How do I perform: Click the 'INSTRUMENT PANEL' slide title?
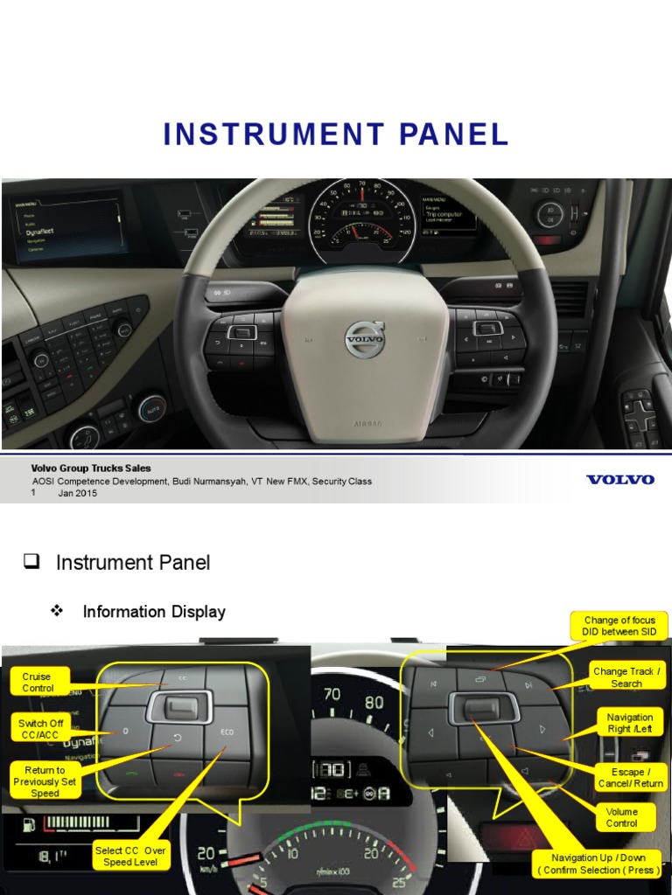click(x=336, y=135)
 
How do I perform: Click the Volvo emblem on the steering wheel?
click(x=364, y=338)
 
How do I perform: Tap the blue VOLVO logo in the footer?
click(x=619, y=480)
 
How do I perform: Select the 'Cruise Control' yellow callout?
click(x=38, y=683)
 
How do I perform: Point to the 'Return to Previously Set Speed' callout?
click(x=45, y=781)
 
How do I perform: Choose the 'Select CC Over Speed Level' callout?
click(x=130, y=856)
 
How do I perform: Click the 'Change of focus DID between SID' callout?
click(x=619, y=626)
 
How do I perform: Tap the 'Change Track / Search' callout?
click(x=626, y=677)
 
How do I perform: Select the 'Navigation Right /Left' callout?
click(x=630, y=723)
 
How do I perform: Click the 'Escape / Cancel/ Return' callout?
click(x=629, y=778)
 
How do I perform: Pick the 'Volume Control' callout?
click(x=621, y=817)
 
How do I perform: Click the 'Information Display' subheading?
click(x=154, y=612)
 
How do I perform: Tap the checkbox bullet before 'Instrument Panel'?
click(x=32, y=561)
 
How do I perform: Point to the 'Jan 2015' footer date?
click(x=78, y=493)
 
